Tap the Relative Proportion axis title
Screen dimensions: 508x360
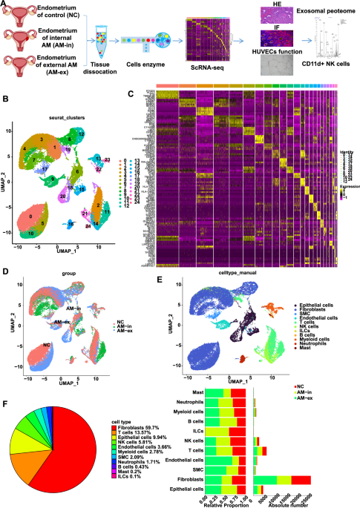click(x=226, y=504)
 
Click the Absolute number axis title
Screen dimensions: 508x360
click(x=287, y=504)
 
